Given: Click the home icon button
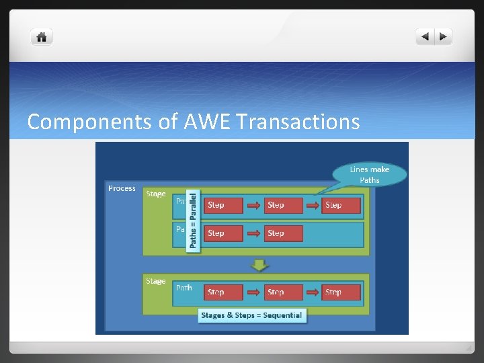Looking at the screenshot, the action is point(41,38).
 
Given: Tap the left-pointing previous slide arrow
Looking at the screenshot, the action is point(425,37).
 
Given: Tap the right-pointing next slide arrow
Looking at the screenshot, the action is point(444,37).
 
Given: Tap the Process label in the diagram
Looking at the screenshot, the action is point(122,189).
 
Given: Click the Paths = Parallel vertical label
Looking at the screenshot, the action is point(194,220).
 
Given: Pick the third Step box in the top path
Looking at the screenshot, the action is point(341,205).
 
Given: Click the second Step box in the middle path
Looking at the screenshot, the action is point(284,233).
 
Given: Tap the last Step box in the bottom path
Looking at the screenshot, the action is point(341,292).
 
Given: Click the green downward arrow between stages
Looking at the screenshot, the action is point(259,265).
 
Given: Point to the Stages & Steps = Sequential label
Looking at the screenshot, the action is point(252,315).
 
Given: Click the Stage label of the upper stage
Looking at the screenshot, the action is point(156,194).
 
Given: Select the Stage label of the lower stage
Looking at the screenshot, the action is point(156,281).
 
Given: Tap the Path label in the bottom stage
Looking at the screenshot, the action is point(184,288).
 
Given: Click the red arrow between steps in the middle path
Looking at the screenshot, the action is point(253,233).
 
